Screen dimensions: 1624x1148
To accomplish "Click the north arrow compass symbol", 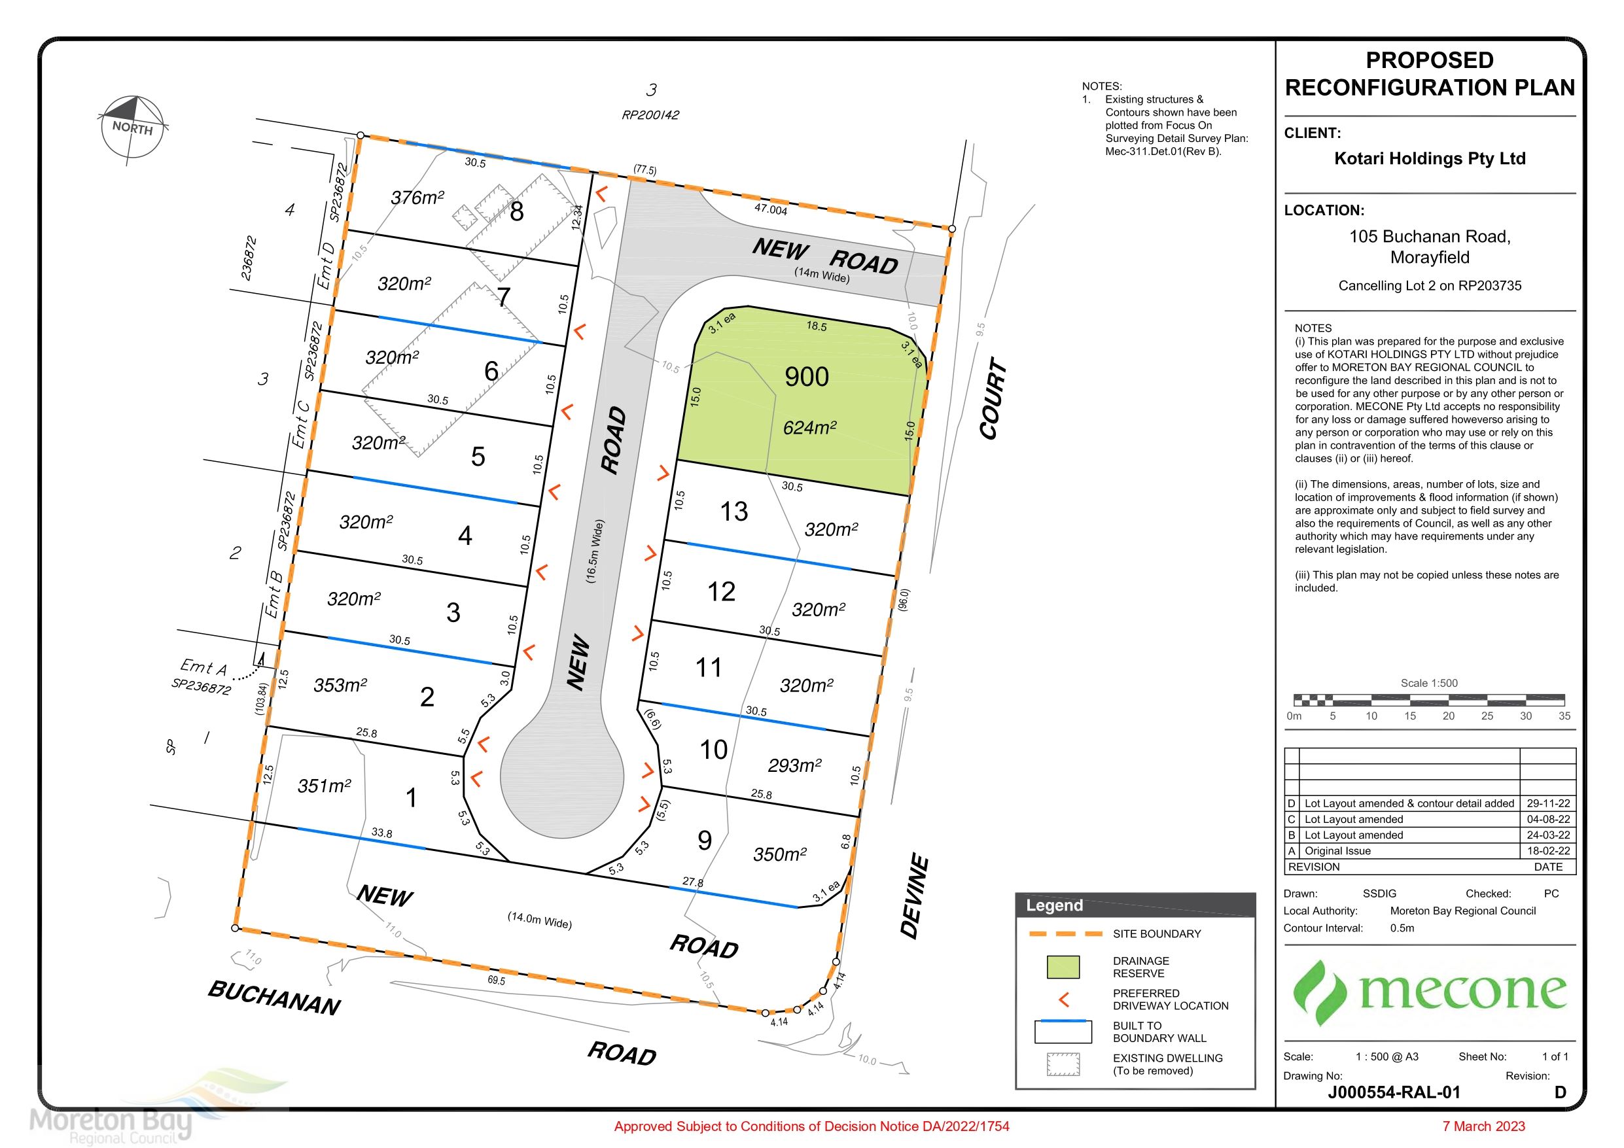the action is tap(132, 130).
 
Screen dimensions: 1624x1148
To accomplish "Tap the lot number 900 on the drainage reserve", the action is tap(806, 377).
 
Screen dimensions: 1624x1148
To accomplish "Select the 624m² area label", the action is tap(810, 427).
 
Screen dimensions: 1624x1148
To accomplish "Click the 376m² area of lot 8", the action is tap(417, 198).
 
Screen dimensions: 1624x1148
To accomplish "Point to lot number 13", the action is tap(733, 512).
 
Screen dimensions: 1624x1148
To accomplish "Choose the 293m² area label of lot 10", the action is tap(795, 765).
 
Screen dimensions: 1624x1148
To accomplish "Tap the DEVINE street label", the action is tap(915, 896).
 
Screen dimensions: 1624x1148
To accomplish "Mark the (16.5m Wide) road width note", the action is tap(595, 551).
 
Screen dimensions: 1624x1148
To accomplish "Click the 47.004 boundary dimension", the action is tap(770, 209).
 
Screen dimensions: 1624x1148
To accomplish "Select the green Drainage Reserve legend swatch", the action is tap(1063, 967).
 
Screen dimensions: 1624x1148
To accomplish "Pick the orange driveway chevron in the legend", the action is tap(1063, 1000).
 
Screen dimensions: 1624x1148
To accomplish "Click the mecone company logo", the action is tap(1430, 992).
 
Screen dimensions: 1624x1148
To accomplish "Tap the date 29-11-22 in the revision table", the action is tap(1548, 803).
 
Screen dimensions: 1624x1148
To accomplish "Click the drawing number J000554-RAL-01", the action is tap(1394, 1092).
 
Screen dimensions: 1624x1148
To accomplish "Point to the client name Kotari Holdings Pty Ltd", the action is tap(1430, 158).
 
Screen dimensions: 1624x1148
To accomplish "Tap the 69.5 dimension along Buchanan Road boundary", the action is tap(497, 981).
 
